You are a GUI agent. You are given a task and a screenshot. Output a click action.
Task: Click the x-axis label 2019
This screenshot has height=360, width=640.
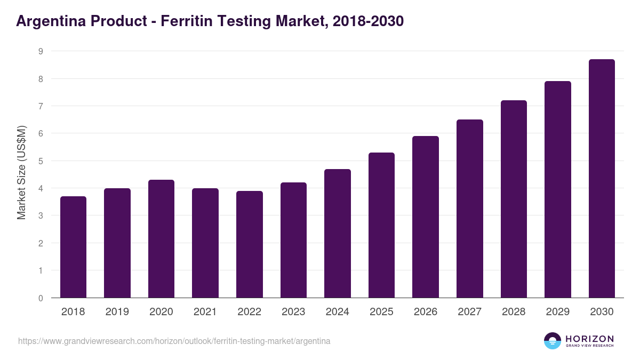(117, 312)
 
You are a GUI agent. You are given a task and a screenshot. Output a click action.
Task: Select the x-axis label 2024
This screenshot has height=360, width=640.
(337, 312)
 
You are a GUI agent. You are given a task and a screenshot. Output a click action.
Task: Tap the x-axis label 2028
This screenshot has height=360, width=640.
(514, 312)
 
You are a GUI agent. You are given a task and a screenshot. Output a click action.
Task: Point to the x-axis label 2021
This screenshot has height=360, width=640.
(205, 312)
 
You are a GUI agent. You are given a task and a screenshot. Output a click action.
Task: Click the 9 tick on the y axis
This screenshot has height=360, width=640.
(40, 51)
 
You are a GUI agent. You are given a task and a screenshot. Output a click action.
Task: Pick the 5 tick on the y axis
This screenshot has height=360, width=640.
(40, 161)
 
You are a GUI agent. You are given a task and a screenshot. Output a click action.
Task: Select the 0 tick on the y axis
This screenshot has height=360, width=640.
(40, 298)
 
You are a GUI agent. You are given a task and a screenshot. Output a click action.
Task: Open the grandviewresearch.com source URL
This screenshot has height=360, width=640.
(174, 341)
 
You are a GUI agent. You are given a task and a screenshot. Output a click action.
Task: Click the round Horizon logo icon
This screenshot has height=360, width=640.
(553, 341)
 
